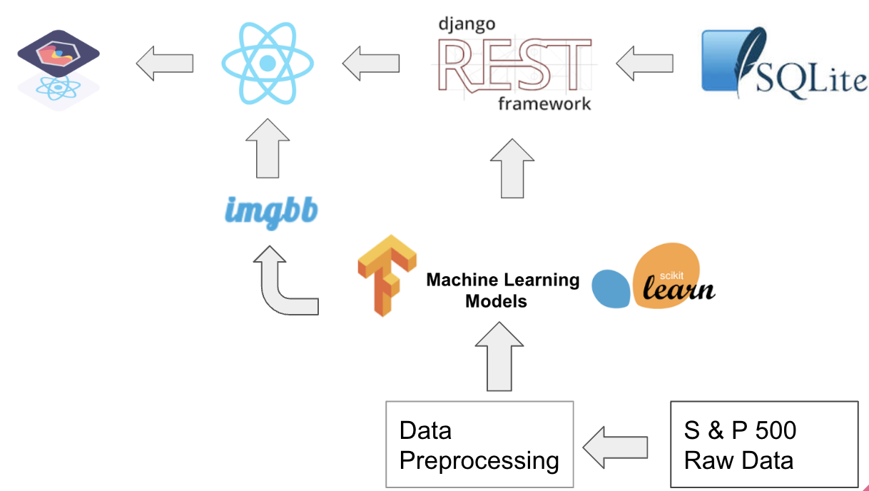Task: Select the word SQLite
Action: pos(811,79)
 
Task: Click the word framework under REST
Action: pos(544,104)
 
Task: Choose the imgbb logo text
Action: pos(270,211)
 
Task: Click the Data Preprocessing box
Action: pos(479,445)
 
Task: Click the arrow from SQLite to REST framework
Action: pos(644,64)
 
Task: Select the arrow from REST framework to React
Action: pos(370,64)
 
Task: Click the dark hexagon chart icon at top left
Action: pos(59,54)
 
